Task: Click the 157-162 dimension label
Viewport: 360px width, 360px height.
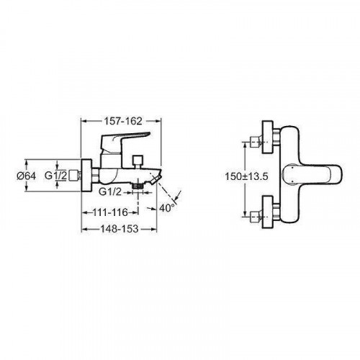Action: pos(122,121)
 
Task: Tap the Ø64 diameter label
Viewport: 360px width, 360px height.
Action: pos(26,176)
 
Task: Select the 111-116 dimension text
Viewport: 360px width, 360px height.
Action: pos(110,212)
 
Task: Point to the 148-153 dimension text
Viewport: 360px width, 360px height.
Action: pos(120,229)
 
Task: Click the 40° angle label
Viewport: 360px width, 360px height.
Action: pos(167,208)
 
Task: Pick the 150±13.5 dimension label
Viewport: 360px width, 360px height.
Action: pos(246,176)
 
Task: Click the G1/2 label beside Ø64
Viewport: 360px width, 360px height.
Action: pos(55,176)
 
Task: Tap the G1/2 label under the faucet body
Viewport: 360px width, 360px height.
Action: pos(110,192)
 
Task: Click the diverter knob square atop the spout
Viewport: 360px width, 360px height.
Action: pos(138,159)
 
